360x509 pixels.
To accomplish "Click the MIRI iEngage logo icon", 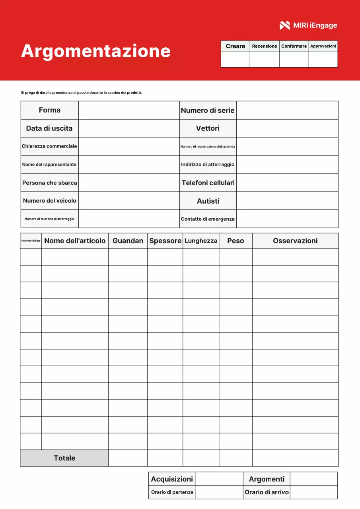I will [285, 25].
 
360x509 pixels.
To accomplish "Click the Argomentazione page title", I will [96, 51].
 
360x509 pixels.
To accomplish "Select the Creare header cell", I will [235, 46].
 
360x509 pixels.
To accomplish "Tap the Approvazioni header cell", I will [323, 46].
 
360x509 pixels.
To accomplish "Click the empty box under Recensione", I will [265, 59].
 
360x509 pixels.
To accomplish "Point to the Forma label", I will [50, 110].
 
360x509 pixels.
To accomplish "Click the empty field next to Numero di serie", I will [287, 110].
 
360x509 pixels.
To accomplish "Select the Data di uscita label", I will [49, 128].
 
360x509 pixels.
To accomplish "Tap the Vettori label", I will [208, 128].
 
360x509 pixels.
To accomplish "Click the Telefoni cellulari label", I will [208, 183].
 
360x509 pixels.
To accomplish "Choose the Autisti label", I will [208, 201].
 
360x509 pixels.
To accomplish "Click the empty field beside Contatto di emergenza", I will [287, 219].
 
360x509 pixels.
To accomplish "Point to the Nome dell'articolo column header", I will [75, 241].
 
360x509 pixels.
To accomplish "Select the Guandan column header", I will [128, 241].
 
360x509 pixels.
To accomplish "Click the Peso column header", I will [235, 241].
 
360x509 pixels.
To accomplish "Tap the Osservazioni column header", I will [295, 241].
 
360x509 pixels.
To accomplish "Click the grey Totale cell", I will [64, 458].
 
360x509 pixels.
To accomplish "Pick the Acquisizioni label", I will [172, 479].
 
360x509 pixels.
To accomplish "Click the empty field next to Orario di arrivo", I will [313, 492].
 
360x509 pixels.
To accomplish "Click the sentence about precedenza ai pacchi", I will [81, 93].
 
